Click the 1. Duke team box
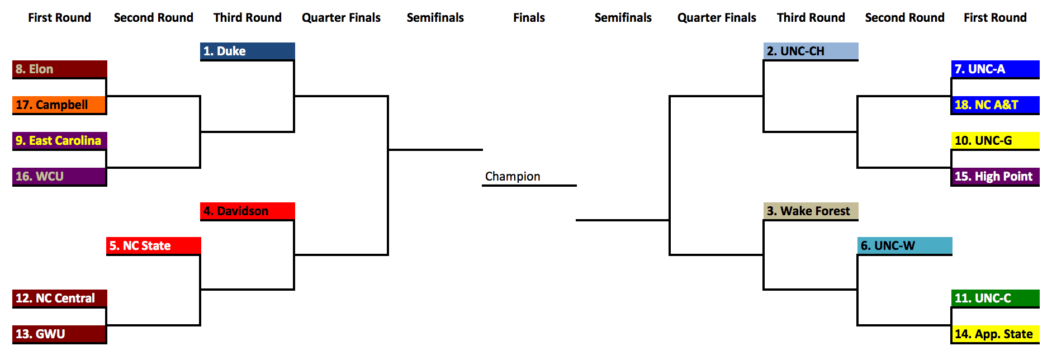(x=247, y=51)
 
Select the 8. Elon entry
(x=59, y=69)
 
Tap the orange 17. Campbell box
(x=59, y=105)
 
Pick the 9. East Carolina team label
(x=59, y=140)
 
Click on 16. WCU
(x=59, y=176)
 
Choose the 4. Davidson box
(x=247, y=211)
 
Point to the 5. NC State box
(x=153, y=245)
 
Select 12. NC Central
(x=59, y=298)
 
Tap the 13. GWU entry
(x=59, y=334)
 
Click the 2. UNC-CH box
(x=811, y=51)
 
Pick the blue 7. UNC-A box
(x=995, y=69)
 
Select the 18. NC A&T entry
(x=995, y=105)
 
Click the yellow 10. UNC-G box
(x=995, y=140)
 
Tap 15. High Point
(x=995, y=176)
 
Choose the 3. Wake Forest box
(x=811, y=211)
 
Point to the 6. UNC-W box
(x=904, y=245)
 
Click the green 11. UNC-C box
(x=995, y=298)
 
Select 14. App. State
(x=995, y=334)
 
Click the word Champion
(x=513, y=177)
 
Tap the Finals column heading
(x=529, y=17)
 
